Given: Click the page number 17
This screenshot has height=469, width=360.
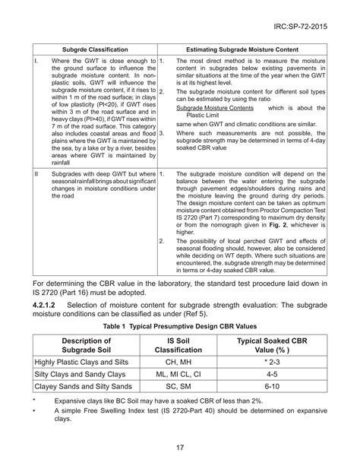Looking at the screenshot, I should tap(180, 447).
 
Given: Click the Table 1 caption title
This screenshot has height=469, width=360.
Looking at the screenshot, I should tap(180, 325).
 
